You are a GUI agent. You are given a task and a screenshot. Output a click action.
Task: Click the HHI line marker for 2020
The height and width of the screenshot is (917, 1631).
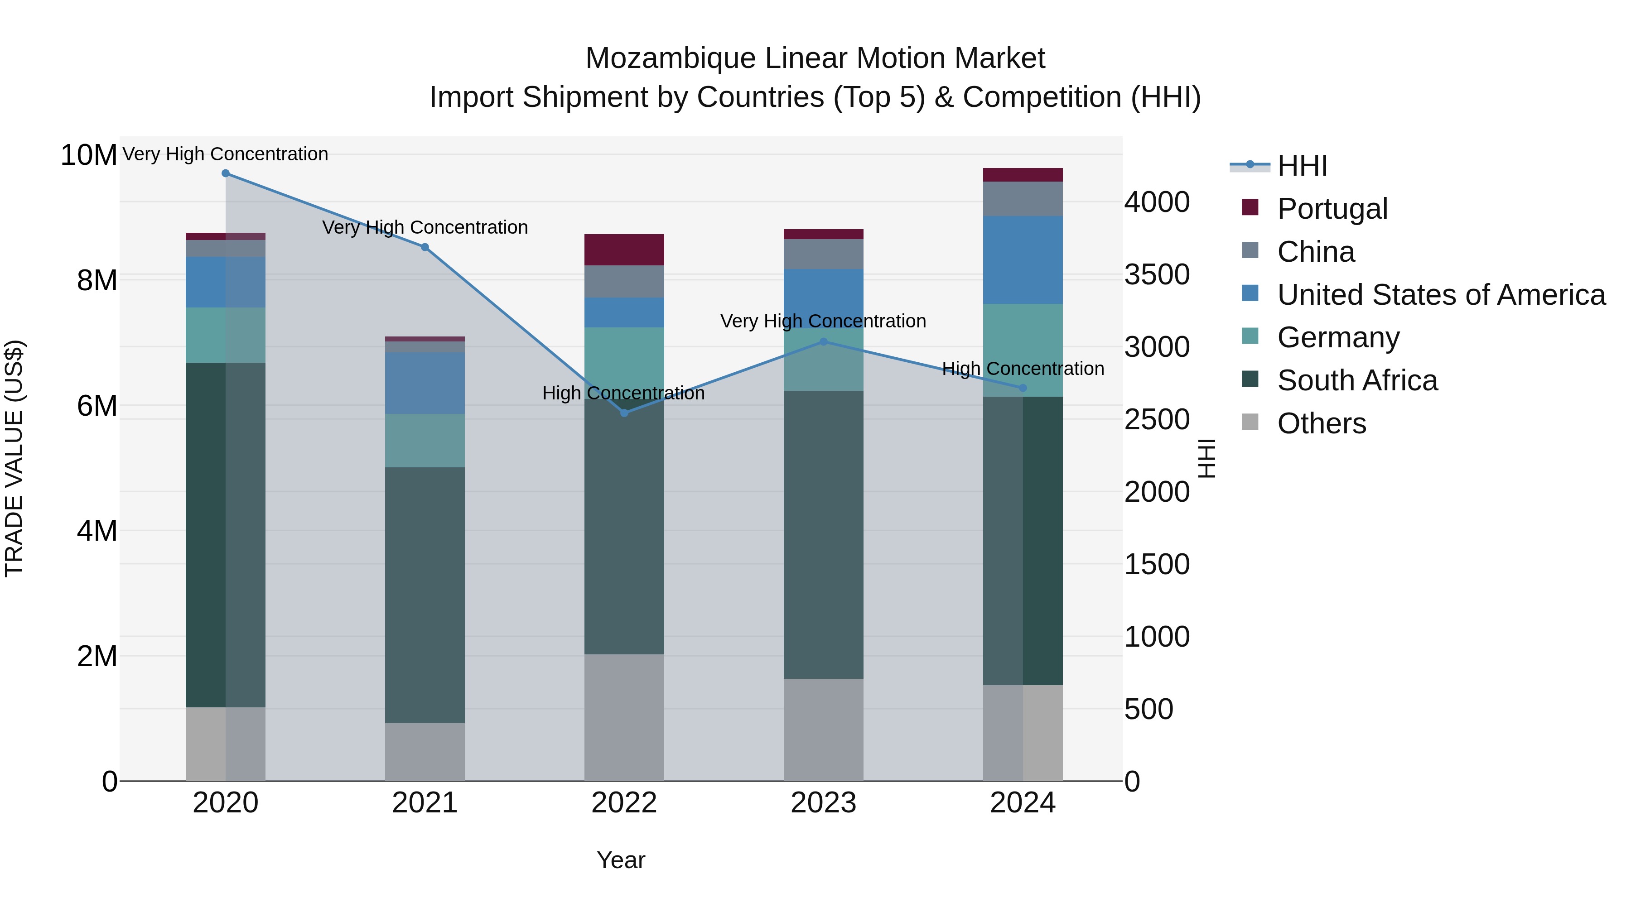[x=226, y=173]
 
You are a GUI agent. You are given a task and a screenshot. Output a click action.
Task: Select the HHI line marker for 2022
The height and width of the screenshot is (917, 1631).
[x=624, y=413]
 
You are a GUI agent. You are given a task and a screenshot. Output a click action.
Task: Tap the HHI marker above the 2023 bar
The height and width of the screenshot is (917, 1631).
[x=823, y=342]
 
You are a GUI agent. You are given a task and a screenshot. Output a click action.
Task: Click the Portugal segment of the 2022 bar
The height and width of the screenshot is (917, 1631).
[x=624, y=250]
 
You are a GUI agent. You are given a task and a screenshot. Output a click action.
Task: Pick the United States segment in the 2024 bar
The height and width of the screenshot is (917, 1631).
[x=1023, y=259]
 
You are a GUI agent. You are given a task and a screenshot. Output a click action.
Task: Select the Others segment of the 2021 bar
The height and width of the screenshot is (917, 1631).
[x=425, y=751]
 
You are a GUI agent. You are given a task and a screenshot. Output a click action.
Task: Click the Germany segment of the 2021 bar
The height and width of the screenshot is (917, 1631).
[x=425, y=441]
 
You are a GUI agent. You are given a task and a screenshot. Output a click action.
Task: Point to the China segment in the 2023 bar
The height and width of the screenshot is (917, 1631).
[x=823, y=254]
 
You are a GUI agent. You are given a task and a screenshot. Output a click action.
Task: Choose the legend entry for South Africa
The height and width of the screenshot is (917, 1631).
[x=1357, y=380]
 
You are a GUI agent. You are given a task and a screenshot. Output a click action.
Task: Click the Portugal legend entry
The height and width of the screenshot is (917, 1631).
[x=1332, y=209]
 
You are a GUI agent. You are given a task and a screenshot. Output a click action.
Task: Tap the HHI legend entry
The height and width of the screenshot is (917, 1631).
[x=1302, y=166]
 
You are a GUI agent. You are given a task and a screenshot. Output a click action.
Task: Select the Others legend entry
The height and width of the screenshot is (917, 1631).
[x=1322, y=423]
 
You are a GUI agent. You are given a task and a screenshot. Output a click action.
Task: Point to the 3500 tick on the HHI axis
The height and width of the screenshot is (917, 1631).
[x=1157, y=275]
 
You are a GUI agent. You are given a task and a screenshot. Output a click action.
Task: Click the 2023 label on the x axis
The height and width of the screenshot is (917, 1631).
[x=823, y=803]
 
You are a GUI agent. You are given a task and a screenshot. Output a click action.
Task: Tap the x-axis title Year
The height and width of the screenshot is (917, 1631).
[x=621, y=860]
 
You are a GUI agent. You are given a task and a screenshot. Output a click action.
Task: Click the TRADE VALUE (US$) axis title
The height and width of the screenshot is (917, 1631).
[x=14, y=458]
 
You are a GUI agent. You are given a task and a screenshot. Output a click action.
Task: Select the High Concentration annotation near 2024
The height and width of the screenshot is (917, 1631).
[x=1023, y=368]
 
